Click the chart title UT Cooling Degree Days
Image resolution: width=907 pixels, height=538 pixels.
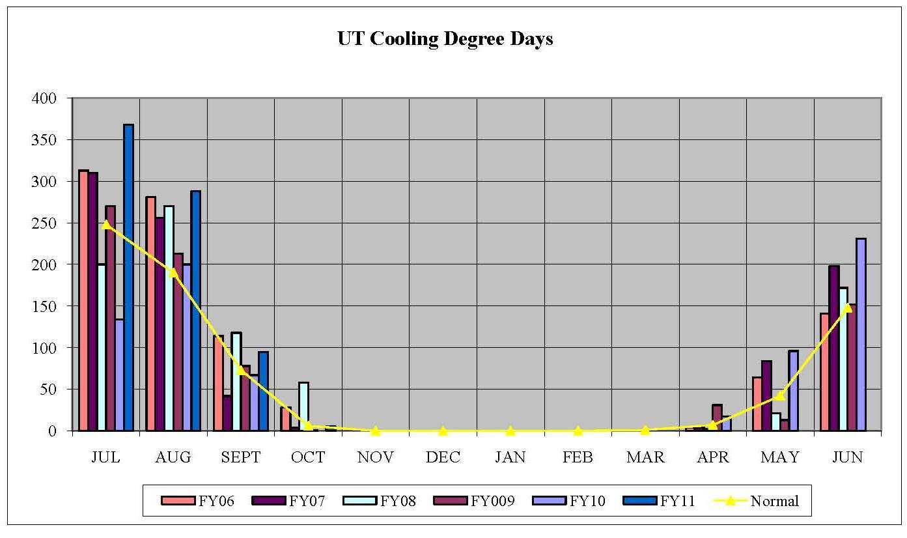point(445,39)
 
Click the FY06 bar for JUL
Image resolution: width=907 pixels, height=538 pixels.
point(83,300)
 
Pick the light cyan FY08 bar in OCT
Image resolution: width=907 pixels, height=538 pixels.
point(303,406)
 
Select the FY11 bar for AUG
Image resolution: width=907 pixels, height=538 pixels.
point(195,310)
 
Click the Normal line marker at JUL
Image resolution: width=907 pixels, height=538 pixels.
point(106,224)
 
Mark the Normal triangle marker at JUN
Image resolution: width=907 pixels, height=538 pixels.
point(847,307)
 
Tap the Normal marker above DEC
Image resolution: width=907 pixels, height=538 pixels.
point(443,431)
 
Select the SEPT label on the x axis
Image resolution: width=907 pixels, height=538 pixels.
point(240,457)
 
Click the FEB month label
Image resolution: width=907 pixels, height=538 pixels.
point(578,457)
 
